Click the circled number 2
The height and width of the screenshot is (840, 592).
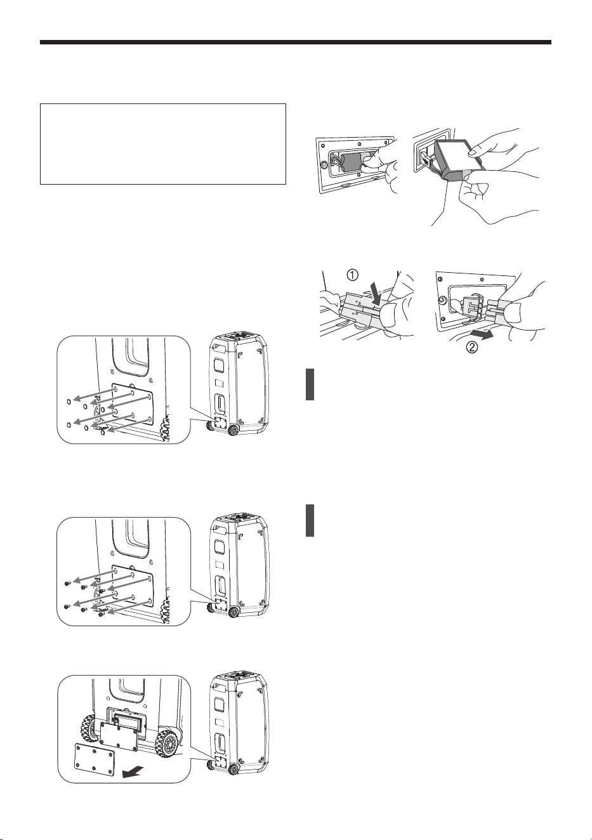click(472, 348)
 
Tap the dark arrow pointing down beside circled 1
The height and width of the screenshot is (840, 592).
click(376, 294)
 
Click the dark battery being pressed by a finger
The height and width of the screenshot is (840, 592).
click(353, 162)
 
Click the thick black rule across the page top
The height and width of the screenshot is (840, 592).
click(296, 43)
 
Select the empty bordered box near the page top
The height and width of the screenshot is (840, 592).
click(163, 144)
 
